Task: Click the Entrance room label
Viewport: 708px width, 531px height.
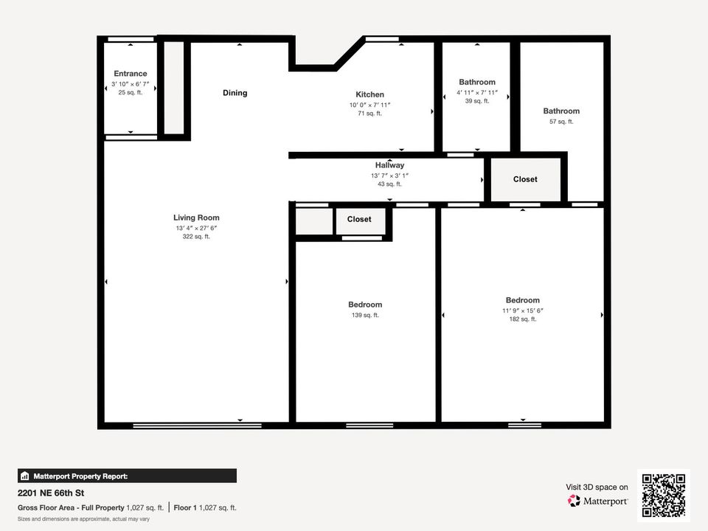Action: pyautogui.click(x=130, y=74)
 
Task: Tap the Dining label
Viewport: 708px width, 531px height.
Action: pyautogui.click(x=235, y=93)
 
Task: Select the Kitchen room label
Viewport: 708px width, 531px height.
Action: pyautogui.click(x=369, y=94)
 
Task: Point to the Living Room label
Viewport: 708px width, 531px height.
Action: pyautogui.click(x=196, y=218)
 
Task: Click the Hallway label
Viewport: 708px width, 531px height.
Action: pyautogui.click(x=389, y=165)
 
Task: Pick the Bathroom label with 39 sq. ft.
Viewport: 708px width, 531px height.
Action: pyautogui.click(x=477, y=82)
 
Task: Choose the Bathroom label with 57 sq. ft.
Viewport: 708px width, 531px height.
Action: pyautogui.click(x=561, y=111)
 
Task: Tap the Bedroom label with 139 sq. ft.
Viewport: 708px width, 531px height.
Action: pyautogui.click(x=365, y=305)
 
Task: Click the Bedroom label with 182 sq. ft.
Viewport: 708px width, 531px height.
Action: pyautogui.click(x=522, y=300)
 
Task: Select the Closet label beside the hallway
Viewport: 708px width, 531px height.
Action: pyautogui.click(x=525, y=179)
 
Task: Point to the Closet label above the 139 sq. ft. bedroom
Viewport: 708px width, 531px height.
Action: pyautogui.click(x=359, y=219)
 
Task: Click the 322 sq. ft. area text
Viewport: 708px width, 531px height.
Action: pyautogui.click(x=196, y=237)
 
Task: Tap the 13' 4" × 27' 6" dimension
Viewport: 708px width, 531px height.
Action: pyautogui.click(x=196, y=228)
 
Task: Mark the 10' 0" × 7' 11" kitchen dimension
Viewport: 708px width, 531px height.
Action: pyautogui.click(x=369, y=105)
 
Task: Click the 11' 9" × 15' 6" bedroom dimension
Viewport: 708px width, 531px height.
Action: pyautogui.click(x=522, y=310)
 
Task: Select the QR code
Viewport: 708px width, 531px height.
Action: pyautogui.click(x=664, y=496)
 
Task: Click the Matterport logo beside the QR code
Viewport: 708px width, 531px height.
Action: pyautogui.click(x=597, y=501)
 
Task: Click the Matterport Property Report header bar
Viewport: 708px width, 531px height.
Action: pyautogui.click(x=127, y=476)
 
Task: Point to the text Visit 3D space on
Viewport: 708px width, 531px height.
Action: pyautogui.click(x=597, y=487)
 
